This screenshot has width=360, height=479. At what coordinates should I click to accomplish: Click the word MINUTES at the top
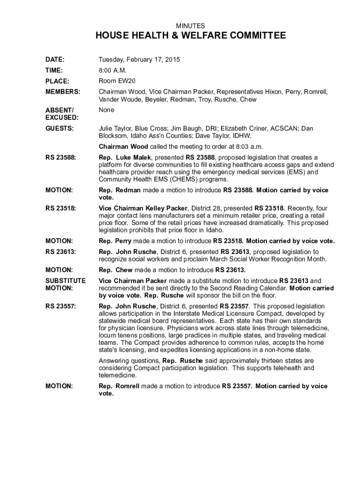click(190, 26)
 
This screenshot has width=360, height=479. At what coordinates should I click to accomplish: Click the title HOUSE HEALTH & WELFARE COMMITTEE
click(190, 36)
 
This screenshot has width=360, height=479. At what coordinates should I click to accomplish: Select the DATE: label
click(55, 60)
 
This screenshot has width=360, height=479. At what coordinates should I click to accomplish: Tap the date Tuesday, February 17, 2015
click(139, 60)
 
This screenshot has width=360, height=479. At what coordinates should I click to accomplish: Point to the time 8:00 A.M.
click(113, 70)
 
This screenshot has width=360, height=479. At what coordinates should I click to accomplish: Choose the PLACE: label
click(57, 81)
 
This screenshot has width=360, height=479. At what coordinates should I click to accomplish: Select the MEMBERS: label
click(63, 92)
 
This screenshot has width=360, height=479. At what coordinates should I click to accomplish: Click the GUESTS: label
click(59, 128)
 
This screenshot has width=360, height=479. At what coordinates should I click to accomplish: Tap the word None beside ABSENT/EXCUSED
click(106, 110)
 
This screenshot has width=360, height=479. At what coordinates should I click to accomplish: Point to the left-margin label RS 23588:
click(61, 157)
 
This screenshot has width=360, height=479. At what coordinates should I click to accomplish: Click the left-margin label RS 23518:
click(61, 208)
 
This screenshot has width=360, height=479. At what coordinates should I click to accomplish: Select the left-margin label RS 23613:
click(61, 252)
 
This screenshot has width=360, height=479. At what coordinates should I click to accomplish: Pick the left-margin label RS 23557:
click(61, 306)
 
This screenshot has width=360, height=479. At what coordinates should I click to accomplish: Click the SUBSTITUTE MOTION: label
click(65, 284)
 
